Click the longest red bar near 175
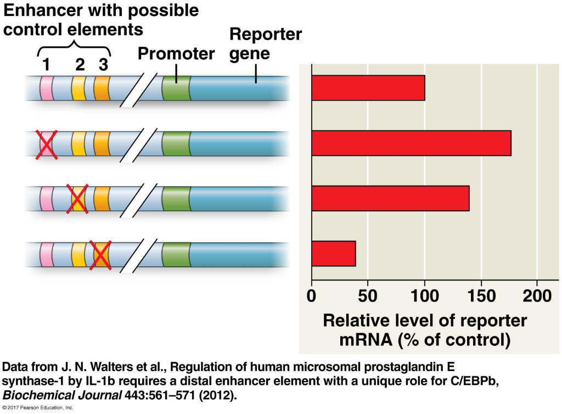coord(411,143)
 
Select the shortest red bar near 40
coord(333,253)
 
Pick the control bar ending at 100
coord(368,88)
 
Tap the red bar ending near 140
coord(390,198)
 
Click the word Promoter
coord(176,54)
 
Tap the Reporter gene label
coord(265,44)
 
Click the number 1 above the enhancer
coord(46,65)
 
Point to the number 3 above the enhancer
coord(103,65)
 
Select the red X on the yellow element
coord(78,199)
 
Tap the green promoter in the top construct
coord(176,88)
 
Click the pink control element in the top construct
coord(47,88)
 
